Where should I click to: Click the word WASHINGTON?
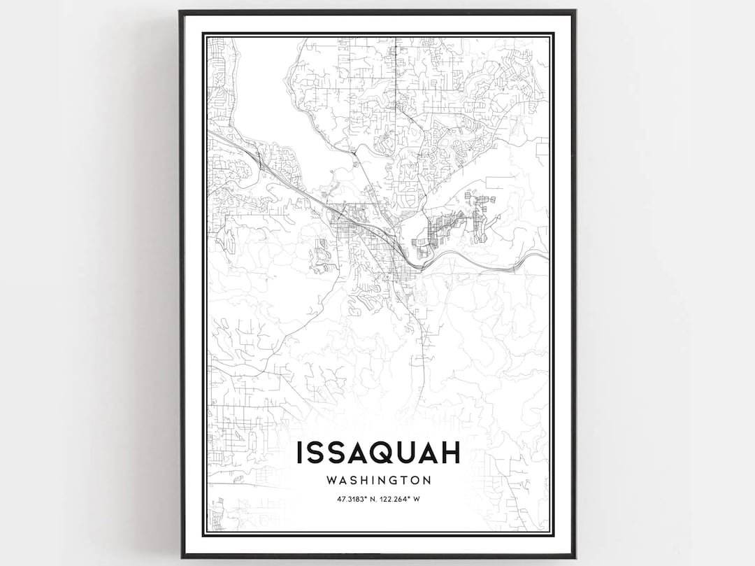tap(377, 481)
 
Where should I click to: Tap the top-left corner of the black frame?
tap(180, 11)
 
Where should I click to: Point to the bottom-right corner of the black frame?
tap(575, 557)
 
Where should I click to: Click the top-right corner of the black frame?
tap(575, 11)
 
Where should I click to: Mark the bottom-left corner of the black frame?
tap(180, 557)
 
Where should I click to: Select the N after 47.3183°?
tap(373, 499)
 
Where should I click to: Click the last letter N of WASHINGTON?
tap(425, 481)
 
